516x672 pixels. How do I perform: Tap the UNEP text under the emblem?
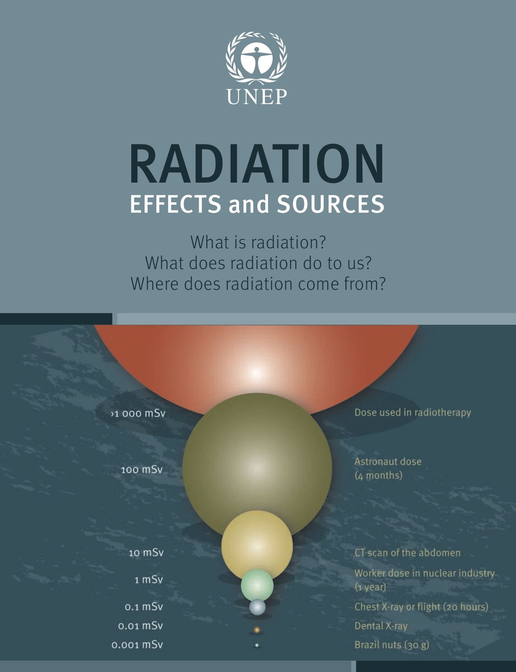257,97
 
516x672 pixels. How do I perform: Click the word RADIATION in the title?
256,164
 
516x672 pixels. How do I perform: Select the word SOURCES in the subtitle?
331,204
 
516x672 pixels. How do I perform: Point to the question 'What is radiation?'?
258,242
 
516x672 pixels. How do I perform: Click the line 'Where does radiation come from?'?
258,284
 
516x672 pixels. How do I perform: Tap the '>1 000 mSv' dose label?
138,414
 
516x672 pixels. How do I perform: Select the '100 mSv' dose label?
142,470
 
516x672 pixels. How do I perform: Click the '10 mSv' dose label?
146,553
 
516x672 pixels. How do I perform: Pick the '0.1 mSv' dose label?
144,607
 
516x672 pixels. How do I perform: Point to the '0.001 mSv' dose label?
137,645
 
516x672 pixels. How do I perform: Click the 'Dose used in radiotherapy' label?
413,413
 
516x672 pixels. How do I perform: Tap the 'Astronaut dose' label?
388,462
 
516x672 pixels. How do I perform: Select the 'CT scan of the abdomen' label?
408,553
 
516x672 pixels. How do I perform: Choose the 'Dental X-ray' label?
381,626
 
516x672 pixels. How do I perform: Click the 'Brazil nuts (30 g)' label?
392,645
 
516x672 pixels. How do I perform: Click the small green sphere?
257,585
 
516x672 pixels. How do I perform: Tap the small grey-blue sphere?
257,607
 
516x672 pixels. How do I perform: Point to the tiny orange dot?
257,629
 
